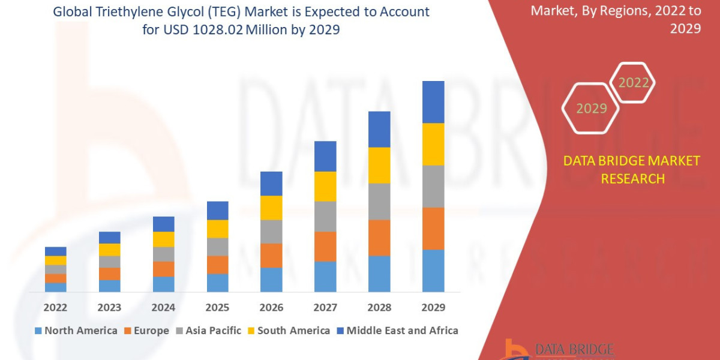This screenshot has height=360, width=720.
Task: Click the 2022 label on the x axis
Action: [55, 308]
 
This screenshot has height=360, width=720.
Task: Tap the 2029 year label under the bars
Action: [433, 308]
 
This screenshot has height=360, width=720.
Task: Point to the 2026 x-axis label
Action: [271, 308]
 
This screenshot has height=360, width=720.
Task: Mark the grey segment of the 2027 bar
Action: [325, 216]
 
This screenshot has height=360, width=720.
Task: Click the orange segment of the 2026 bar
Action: [271, 256]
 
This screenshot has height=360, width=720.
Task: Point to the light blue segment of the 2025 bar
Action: [217, 283]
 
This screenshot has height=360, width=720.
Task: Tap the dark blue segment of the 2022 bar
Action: [55, 251]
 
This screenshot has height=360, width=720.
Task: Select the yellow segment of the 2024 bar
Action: [163, 239]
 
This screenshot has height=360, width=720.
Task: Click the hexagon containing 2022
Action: [633, 83]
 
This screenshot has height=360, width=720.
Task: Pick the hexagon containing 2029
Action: [591, 109]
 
